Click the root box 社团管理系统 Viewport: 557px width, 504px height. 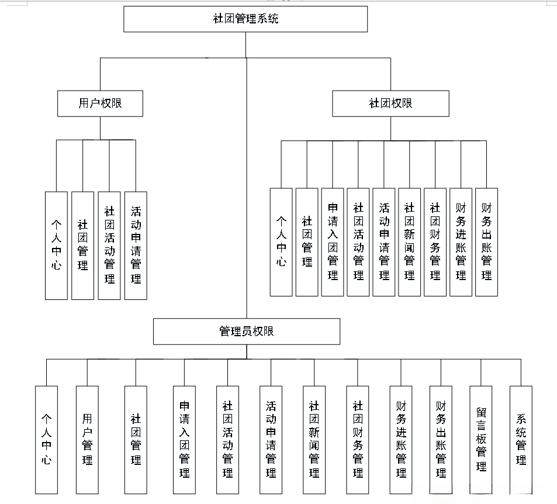pos(245,19)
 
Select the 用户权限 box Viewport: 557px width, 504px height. pos(100,103)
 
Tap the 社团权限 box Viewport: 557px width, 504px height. pos(390,103)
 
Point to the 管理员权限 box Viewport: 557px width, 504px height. pos(246,332)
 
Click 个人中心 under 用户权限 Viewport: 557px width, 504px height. pos(56,246)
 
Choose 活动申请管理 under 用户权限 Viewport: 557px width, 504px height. pos(136,246)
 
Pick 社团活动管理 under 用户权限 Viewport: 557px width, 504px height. pos(109,246)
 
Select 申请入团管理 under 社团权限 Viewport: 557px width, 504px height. pos(333,242)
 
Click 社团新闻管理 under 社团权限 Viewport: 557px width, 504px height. pos(409,242)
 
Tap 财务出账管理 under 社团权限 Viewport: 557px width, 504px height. pos(486,242)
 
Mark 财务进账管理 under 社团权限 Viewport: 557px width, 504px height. pos(461,242)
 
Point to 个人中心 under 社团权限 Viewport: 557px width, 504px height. pos(281,242)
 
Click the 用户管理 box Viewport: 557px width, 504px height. pos(87,440)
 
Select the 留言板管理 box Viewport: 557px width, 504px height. pos(481,440)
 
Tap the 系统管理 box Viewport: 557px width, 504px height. pos(521,440)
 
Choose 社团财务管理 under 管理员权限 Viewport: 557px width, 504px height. pos(358,440)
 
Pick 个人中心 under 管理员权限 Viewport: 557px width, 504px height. pos(46,440)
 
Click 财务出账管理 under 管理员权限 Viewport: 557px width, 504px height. pos(441,440)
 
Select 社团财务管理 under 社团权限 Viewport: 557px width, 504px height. pos(435,242)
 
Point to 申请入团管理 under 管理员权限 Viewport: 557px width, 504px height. pos(184,440)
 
